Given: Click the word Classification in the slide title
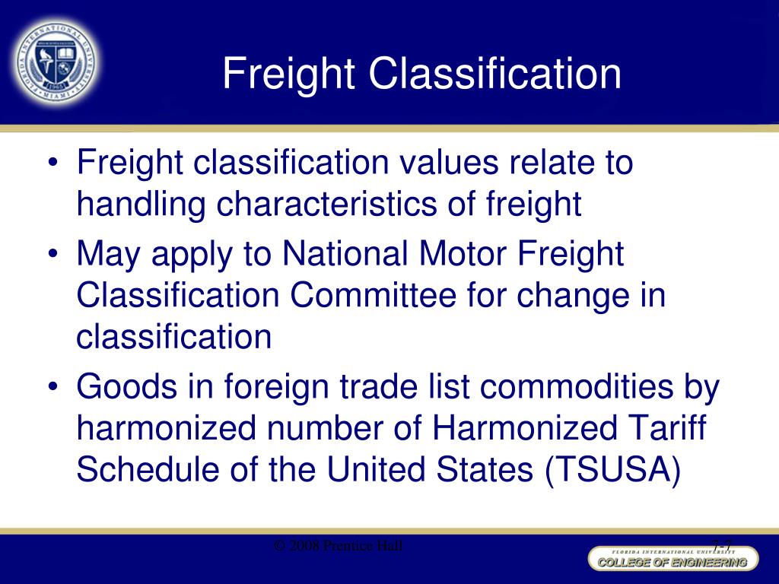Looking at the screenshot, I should click(495, 74).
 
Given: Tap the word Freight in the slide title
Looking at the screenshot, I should click(290, 74).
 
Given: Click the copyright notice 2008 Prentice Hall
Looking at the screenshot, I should click(339, 546).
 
